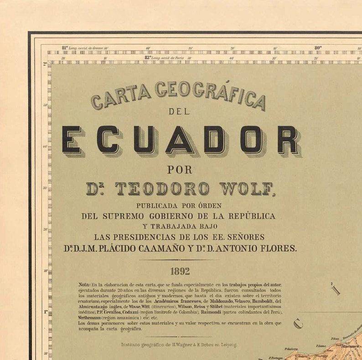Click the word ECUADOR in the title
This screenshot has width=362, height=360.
pyautogui.click(x=181, y=140)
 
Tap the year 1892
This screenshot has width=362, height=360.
pyautogui.click(x=180, y=271)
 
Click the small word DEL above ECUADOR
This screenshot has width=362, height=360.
pyautogui.click(x=179, y=111)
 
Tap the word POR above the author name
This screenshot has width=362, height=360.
pyautogui.click(x=180, y=170)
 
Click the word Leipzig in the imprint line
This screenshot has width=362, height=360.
pyautogui.click(x=229, y=345)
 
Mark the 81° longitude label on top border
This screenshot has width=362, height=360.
pyautogui.click(x=65, y=47)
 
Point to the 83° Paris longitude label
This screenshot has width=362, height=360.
pyautogui.click(x=148, y=58)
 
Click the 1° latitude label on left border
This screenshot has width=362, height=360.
pyautogui.click(x=46, y=312)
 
